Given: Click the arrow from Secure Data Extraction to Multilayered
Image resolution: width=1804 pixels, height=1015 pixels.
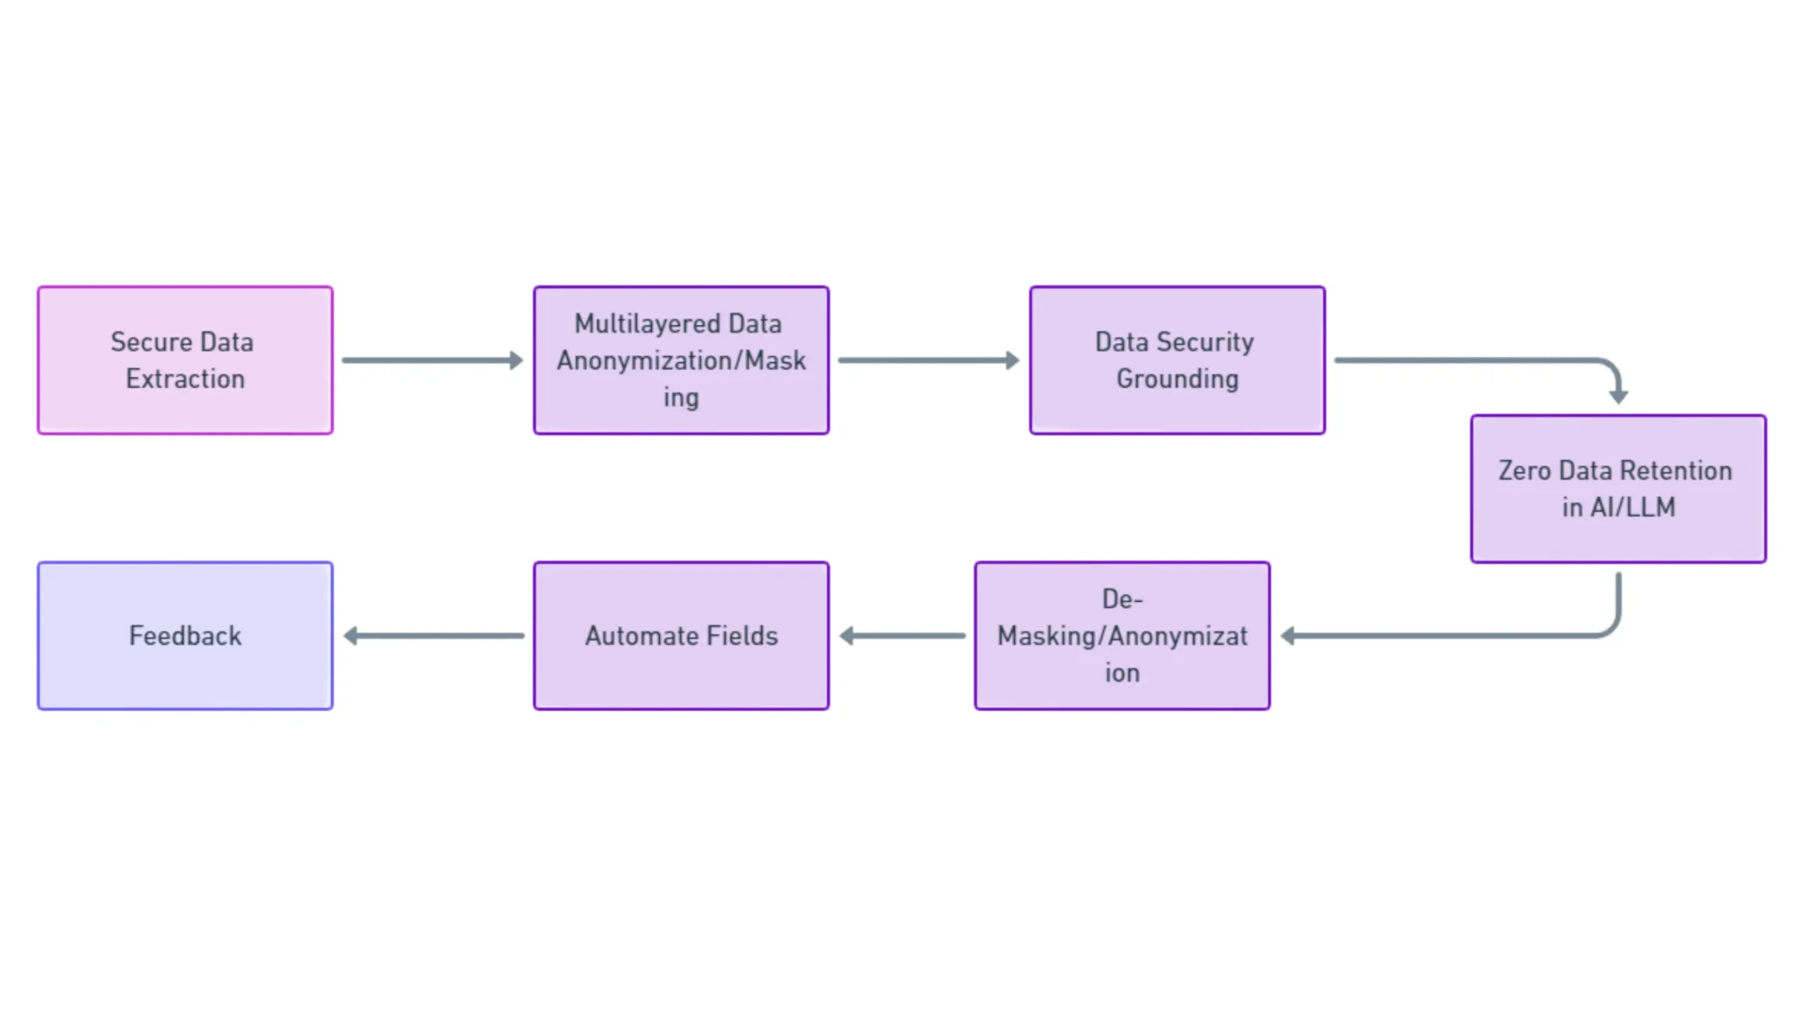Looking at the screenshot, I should (x=432, y=360).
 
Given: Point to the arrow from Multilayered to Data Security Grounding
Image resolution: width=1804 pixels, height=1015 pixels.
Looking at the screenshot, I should (x=928, y=360).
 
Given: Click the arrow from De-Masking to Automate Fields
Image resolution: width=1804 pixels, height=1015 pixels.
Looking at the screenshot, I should (x=903, y=635).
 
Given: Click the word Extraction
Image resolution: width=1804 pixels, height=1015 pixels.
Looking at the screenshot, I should (x=185, y=379).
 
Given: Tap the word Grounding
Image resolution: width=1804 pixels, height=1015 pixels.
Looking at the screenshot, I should (x=1177, y=379).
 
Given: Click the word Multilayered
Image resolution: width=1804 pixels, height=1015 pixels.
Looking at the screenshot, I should (x=647, y=324).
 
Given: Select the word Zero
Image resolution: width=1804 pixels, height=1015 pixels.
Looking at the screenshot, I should (x=1524, y=470).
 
